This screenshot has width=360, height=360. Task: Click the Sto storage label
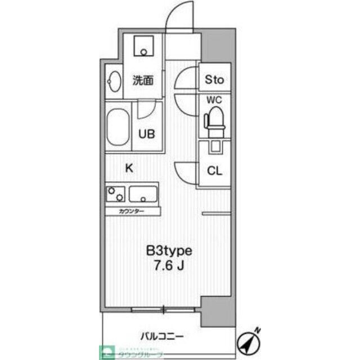[214, 80]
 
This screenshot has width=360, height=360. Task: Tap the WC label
[213, 101]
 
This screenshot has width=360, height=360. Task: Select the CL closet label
[214, 170]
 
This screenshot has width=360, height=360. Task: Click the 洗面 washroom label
[142, 80]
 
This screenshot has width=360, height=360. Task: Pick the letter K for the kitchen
[128, 168]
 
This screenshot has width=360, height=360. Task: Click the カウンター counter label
[132, 211]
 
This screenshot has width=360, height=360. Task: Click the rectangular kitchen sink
[144, 194]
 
